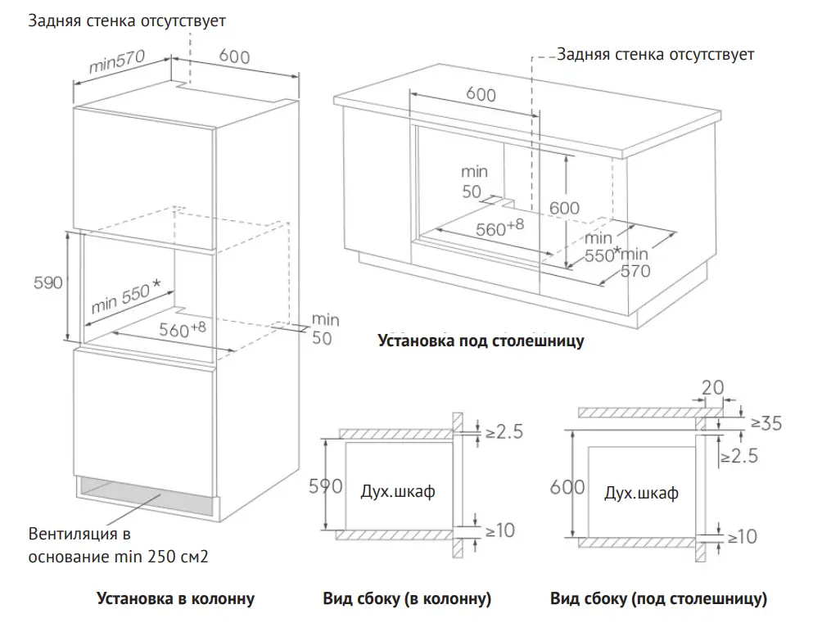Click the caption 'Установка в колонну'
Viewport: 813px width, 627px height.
[x=175, y=599]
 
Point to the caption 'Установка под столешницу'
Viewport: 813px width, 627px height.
[x=481, y=341]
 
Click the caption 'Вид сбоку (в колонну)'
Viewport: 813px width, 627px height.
[x=407, y=599]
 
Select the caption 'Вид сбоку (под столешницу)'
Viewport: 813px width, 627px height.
[x=658, y=599]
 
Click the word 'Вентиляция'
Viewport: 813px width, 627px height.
[x=69, y=536]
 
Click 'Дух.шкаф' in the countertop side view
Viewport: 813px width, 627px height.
[x=641, y=493]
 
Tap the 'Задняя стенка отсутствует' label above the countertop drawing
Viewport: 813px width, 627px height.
[x=655, y=55]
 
